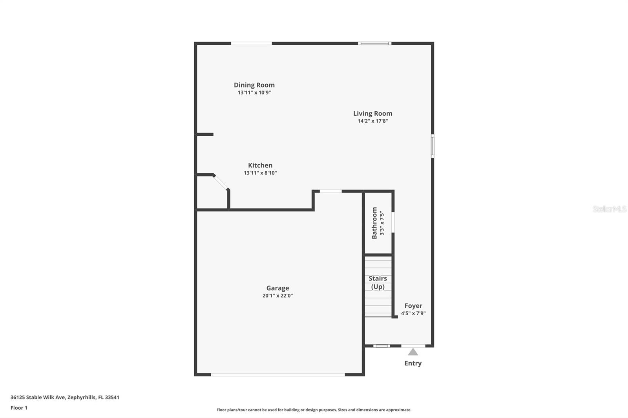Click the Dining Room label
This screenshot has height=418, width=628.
point(254,85)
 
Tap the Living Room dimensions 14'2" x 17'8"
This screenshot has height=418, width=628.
point(372,121)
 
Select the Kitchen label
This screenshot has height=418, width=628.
point(260,165)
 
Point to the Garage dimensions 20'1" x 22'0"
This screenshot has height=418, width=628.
point(277,296)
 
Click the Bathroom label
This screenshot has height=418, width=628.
point(374,223)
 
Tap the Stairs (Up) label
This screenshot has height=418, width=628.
point(378,282)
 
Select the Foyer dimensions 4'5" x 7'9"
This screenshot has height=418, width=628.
point(413,313)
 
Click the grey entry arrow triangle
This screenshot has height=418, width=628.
point(413,352)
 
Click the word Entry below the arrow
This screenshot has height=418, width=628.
point(413,363)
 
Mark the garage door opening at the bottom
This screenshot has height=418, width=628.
point(278,375)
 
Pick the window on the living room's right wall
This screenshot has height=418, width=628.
point(433,146)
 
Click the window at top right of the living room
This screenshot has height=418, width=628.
point(374,43)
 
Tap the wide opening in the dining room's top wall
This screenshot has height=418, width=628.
point(251,43)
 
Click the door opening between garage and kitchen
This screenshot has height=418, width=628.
point(330,191)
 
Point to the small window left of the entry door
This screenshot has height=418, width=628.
point(381,346)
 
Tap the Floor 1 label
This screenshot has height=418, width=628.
point(19,408)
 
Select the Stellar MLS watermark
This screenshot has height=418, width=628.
point(609,209)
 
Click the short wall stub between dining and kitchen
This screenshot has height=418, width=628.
point(205,134)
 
